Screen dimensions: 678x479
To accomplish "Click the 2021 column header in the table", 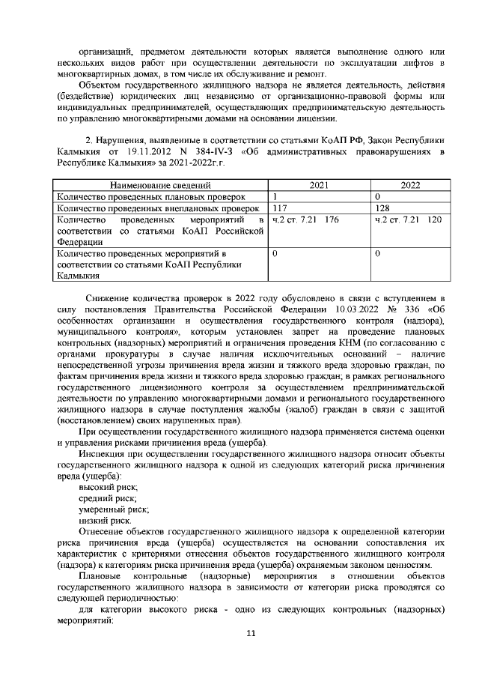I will [320, 184].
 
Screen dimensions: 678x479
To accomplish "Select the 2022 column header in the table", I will [410, 184].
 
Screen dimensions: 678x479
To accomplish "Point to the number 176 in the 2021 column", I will [332, 220].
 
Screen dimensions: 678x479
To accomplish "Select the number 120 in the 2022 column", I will [434, 220].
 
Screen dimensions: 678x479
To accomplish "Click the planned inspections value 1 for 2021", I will [275, 196].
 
